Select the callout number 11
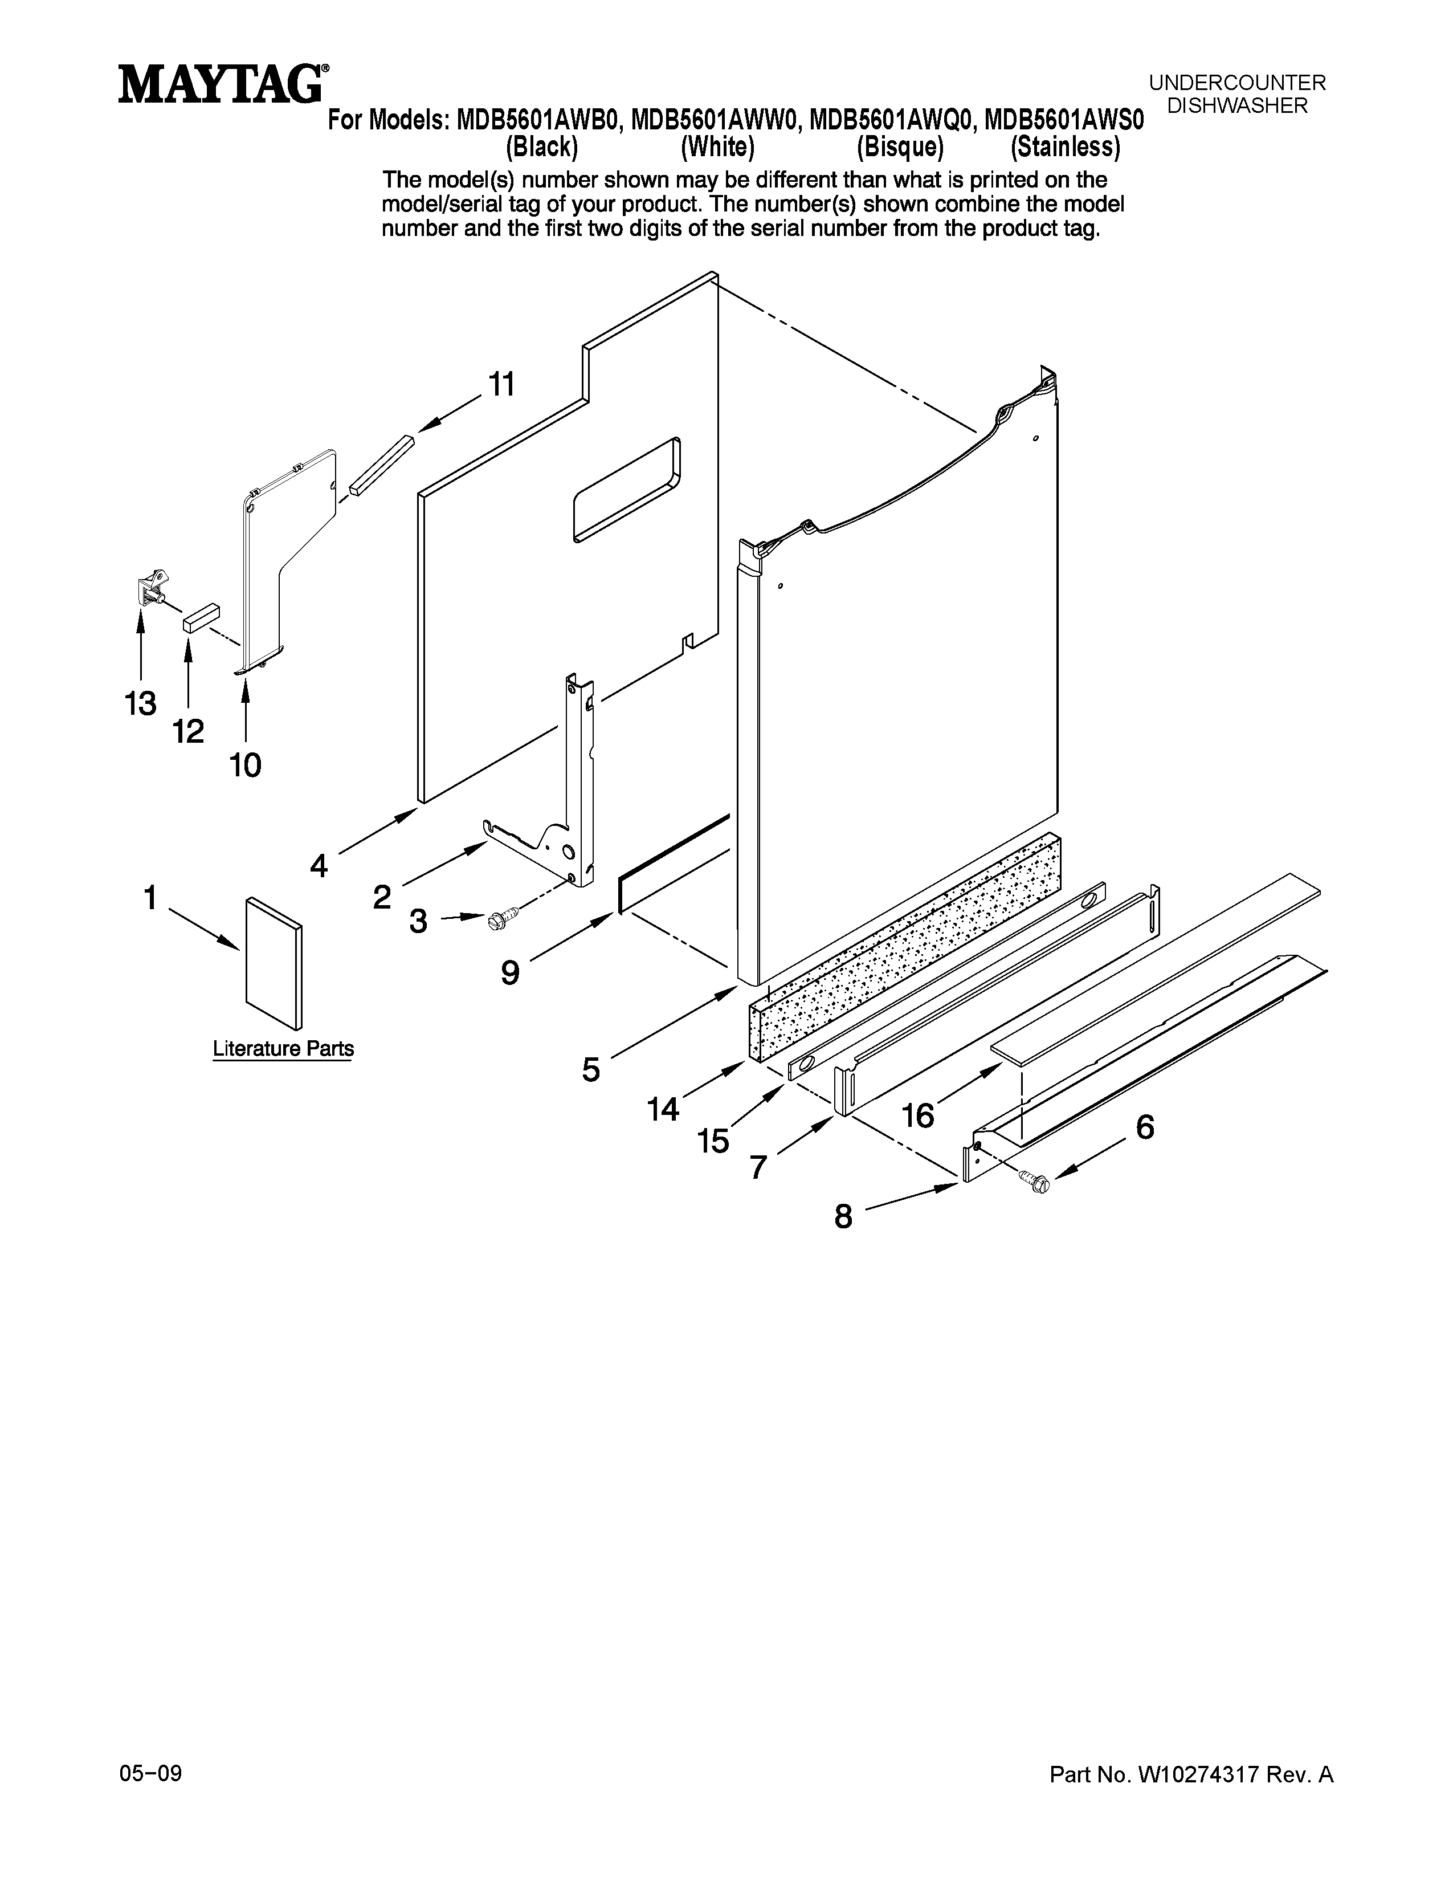coord(502,384)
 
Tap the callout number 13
coord(140,703)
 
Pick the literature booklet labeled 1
coord(274,964)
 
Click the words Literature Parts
coord(283,1049)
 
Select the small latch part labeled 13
coord(150,587)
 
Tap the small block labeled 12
coord(201,617)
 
